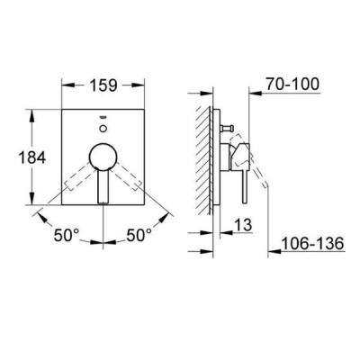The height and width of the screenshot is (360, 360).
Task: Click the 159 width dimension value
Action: coord(103,85)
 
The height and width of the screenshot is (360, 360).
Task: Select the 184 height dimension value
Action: coord(32,157)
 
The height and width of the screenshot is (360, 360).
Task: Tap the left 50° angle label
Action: coord(67,235)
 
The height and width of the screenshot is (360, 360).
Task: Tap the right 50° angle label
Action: coord(139,235)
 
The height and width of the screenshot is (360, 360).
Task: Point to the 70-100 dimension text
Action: coord(292,85)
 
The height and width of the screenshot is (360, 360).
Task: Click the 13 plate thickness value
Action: coord(243,225)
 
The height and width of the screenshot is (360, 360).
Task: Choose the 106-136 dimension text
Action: coord(312,243)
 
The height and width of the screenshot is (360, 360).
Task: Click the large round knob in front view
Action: coord(103,156)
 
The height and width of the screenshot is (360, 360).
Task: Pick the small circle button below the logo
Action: coord(103,129)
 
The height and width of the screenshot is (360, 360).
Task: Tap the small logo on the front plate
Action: coord(103,118)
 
